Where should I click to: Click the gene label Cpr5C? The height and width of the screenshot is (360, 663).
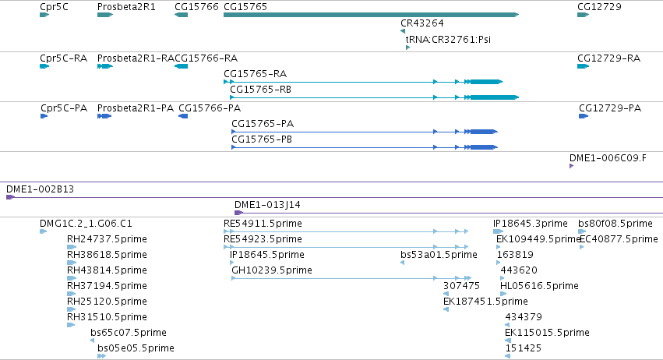(54, 7)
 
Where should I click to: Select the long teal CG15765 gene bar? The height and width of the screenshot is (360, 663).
(372, 15)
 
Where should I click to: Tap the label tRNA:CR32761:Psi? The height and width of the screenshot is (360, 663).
(448, 39)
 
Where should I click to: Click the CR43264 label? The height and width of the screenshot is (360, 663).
(422, 23)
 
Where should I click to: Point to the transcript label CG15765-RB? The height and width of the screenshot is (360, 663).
(260, 90)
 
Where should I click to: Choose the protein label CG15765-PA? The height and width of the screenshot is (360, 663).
(263, 124)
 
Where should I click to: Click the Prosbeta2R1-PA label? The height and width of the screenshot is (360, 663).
(136, 108)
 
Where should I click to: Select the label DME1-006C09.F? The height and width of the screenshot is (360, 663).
(608, 157)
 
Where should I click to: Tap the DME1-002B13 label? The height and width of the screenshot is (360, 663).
(41, 189)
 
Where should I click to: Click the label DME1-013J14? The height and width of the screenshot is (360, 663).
(267, 204)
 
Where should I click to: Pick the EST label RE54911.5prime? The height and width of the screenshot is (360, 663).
(263, 223)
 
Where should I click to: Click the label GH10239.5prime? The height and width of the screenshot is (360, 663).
(271, 270)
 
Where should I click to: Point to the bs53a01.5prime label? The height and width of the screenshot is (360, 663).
(439, 254)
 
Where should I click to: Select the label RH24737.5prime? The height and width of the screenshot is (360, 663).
(107, 238)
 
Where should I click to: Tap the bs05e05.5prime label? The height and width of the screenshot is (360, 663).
(136, 348)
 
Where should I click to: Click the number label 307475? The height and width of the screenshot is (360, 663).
(461, 285)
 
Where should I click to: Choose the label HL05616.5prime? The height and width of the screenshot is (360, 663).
(539, 285)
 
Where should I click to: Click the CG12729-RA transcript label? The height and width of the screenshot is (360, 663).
(609, 58)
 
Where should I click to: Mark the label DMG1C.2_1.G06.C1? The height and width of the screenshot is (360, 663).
(86, 223)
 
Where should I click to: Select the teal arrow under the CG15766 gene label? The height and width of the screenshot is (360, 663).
(181, 15)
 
